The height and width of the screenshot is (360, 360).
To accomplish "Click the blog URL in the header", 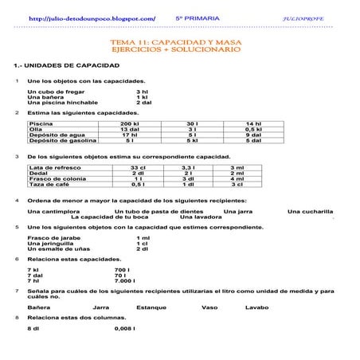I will tap(92, 18).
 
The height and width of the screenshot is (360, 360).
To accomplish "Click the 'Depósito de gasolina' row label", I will tap(62, 141).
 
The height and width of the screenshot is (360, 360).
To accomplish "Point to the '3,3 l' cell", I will tap(188, 168).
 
